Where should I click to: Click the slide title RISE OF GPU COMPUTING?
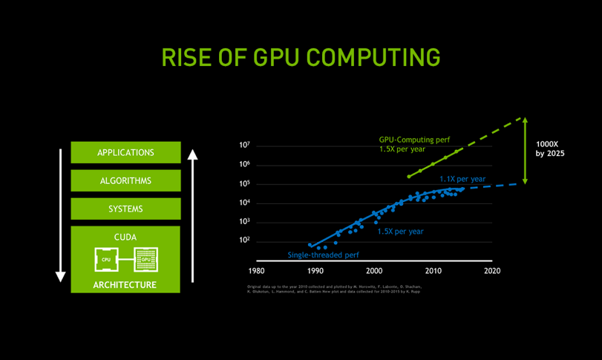coord(301,57)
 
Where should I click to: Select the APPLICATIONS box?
coord(125,152)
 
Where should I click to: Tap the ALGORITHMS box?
coord(125,180)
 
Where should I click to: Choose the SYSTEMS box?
coord(125,209)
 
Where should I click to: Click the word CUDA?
coord(125,238)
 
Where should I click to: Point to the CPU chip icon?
coord(106,260)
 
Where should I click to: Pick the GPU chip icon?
coord(145,260)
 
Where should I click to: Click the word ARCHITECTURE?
coord(125,285)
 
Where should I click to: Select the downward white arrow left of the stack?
coord(61,215)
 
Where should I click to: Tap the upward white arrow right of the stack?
coord(192,215)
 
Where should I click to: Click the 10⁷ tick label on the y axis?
coord(244,145)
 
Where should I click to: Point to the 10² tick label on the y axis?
coord(244,240)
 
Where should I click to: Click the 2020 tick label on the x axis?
coord(492,271)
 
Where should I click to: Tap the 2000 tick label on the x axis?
coord(375,271)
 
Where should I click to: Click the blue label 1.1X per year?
coord(462,179)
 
